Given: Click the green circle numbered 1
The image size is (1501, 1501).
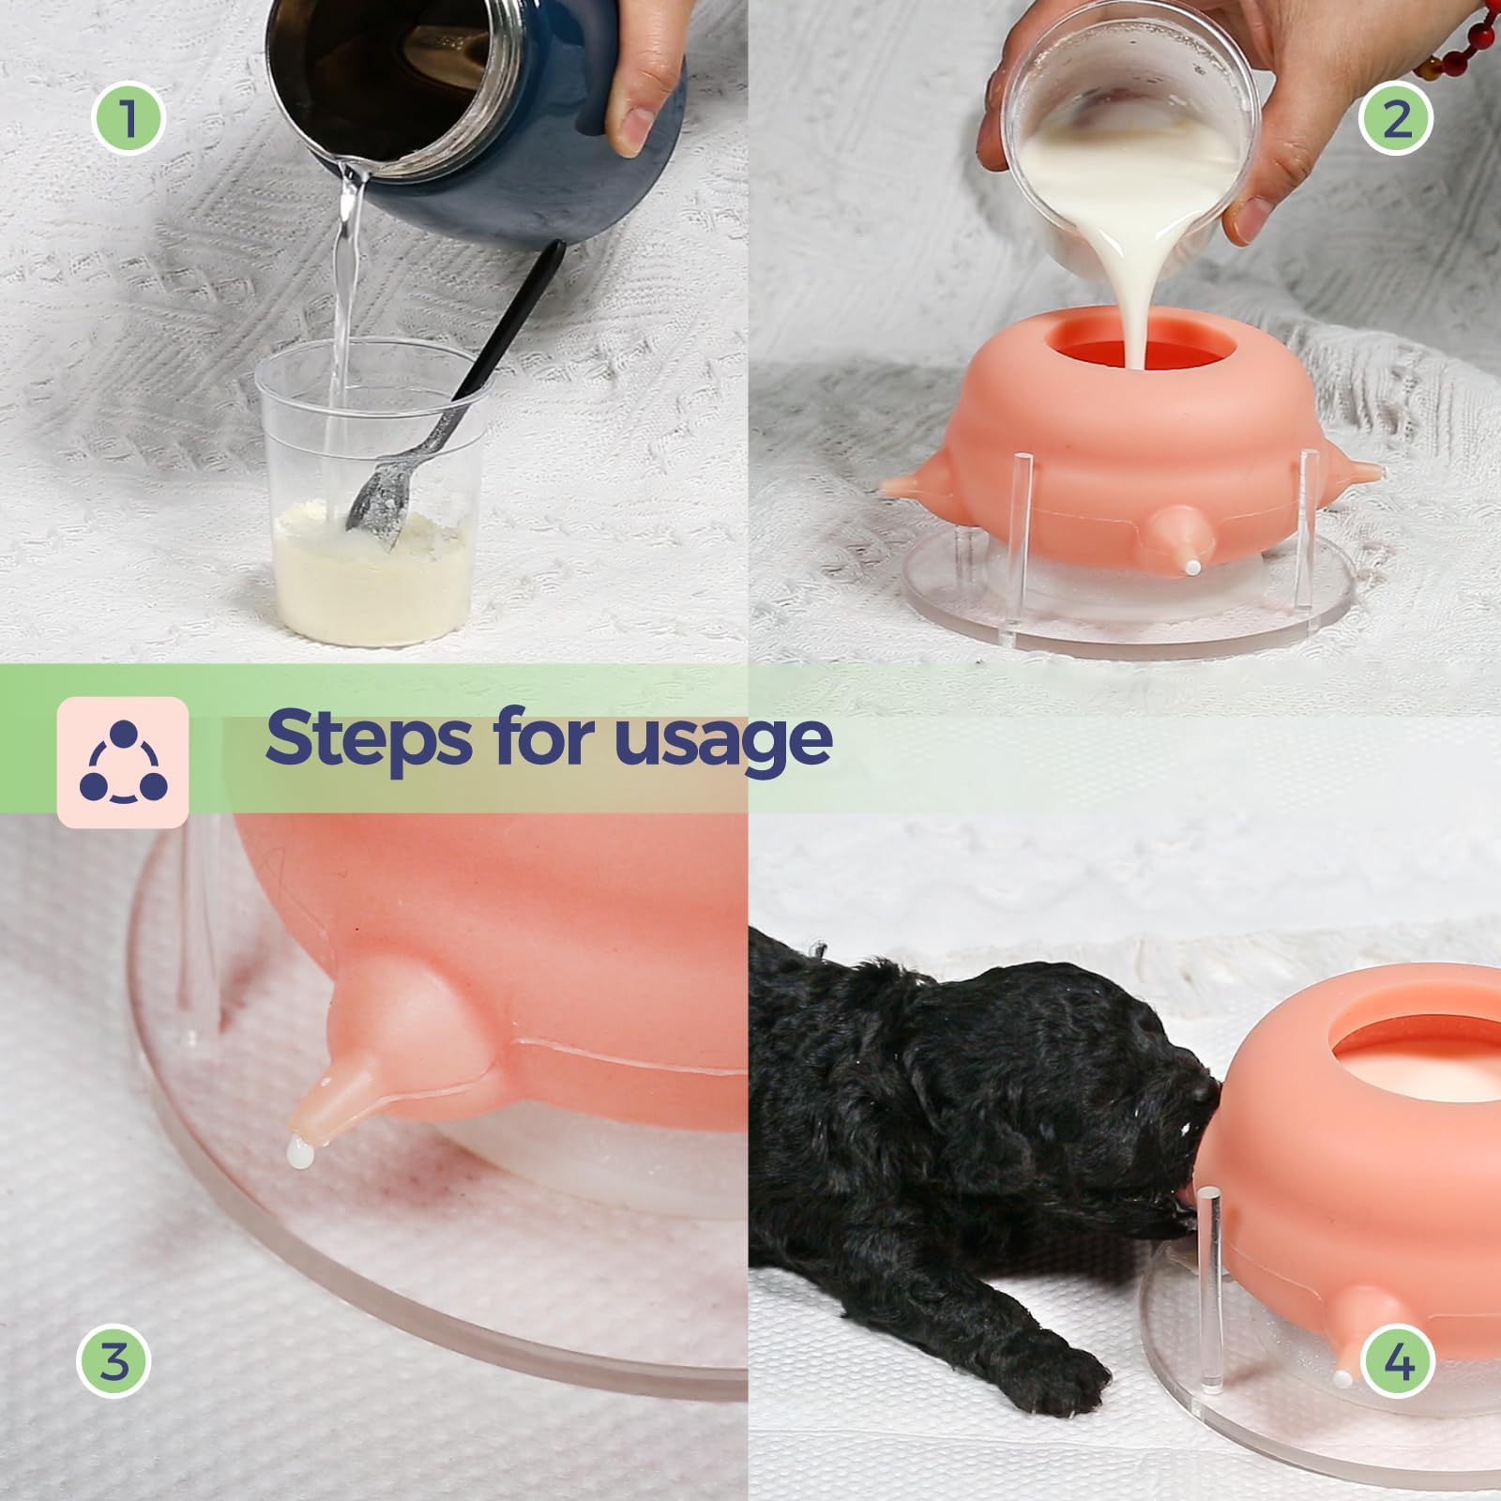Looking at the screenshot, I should click(x=128, y=119).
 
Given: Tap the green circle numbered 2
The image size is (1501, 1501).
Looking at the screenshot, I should click(x=1397, y=119).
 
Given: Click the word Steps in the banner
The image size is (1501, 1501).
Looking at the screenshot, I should click(x=368, y=739).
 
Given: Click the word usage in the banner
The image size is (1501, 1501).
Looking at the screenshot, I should click(x=722, y=741).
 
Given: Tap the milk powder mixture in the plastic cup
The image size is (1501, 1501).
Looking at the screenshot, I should click(x=371, y=582).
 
